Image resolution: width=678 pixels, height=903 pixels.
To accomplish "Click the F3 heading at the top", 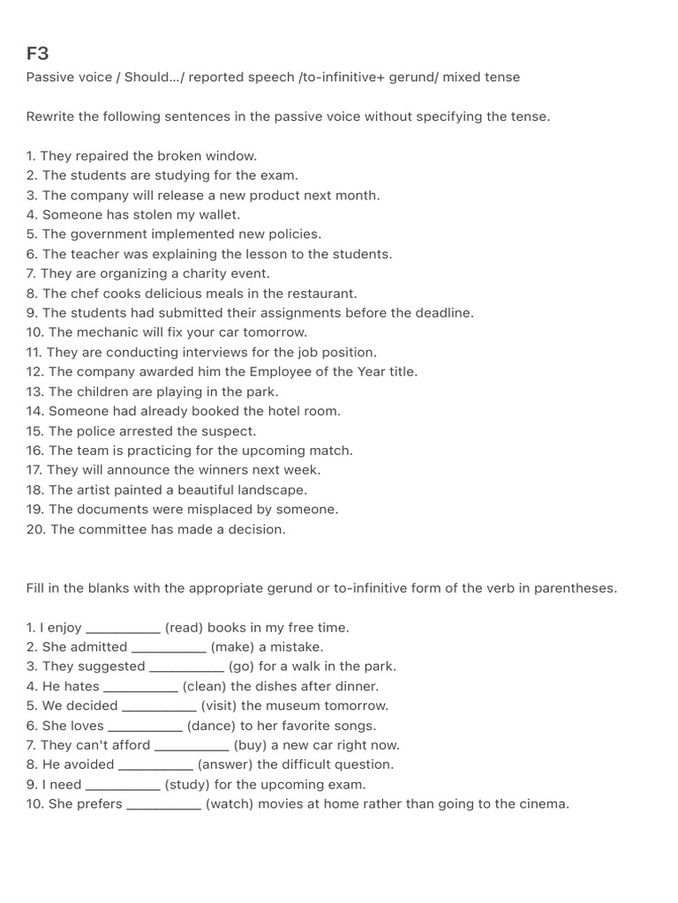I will (37, 54).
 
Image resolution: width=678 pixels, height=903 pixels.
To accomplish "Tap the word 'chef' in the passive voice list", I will (83, 293).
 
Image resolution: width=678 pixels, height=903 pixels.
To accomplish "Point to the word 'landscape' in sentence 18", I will (275, 489).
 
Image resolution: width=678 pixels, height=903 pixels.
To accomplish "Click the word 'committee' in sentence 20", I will (111, 529).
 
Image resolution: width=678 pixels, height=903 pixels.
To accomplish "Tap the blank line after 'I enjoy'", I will (123, 630).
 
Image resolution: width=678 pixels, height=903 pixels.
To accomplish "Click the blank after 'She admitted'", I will (169, 649).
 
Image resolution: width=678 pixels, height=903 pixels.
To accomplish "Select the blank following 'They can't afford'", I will (192, 747).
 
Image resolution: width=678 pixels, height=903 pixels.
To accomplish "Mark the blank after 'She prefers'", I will (163, 806).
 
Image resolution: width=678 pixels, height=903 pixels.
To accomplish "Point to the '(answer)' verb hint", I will (225, 765).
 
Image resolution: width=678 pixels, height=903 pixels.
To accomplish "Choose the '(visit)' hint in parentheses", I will (219, 705).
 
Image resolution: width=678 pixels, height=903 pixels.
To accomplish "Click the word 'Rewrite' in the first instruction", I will (50, 116).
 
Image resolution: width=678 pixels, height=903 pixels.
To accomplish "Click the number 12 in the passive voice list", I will (34, 372).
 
